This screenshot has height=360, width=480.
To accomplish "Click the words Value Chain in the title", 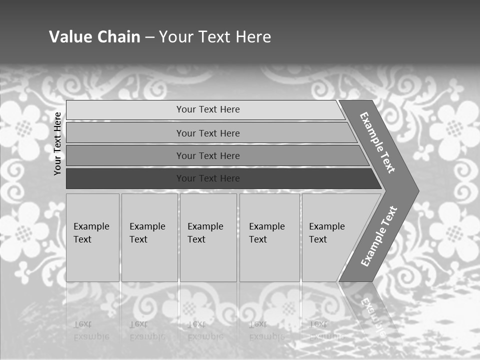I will pos(94,37).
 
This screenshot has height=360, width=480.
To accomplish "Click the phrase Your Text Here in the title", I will pos(215,37).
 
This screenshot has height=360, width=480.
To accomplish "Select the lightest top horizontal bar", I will pos(125,109).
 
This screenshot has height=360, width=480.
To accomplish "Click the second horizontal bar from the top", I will pos(125,133).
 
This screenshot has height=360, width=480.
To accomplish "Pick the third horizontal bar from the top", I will pos(125,155).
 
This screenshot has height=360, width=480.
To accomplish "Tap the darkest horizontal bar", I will pos(125,178).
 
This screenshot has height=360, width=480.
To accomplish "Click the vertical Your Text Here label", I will pos(57,143).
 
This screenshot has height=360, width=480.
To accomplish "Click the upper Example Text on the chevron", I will pos(377,142).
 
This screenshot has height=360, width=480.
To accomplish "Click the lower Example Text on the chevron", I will pos(379,236).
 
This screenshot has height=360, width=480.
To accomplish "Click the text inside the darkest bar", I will pos(208,178).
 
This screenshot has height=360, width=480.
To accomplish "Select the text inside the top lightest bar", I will pos(208,109).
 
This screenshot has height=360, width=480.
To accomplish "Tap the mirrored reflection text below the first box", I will pos(91,330).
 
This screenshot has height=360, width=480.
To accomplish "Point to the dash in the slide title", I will pos(149,37).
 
